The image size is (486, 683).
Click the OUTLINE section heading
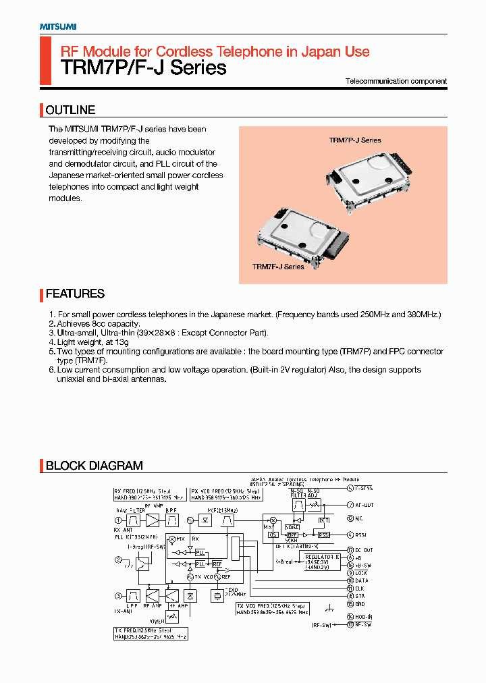(70, 110)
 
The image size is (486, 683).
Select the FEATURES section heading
(75, 294)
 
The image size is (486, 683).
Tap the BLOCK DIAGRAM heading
(94, 466)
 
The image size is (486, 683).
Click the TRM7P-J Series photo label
(355, 140)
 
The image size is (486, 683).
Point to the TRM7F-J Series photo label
(278, 267)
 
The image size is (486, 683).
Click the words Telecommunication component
(396, 81)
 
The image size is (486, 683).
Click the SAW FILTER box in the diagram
(132, 520)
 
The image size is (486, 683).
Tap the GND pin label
(360, 603)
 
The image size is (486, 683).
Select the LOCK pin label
(362, 573)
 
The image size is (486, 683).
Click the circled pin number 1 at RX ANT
(118, 520)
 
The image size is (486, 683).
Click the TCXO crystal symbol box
(217, 597)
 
